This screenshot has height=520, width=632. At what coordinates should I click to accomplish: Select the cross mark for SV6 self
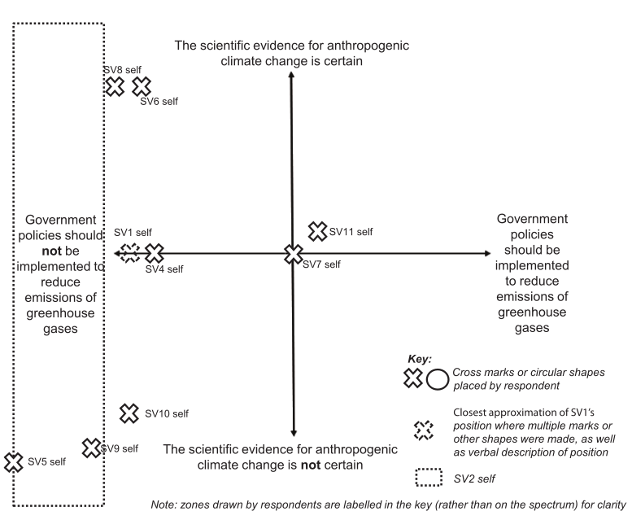[142, 85]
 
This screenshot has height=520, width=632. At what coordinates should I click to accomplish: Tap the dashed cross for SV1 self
[129, 253]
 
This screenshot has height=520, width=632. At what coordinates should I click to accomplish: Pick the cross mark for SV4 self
[154, 253]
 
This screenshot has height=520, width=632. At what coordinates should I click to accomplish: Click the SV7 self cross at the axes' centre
[293, 254]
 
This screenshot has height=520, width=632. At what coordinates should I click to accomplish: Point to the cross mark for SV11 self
[317, 231]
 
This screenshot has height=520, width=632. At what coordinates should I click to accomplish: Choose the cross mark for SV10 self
[129, 413]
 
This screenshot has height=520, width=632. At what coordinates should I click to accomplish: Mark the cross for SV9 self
[92, 447]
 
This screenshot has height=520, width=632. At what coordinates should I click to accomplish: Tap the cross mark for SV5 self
[13, 462]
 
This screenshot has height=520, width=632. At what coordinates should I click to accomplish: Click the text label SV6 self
[159, 102]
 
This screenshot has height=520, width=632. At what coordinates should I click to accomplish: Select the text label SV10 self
[167, 414]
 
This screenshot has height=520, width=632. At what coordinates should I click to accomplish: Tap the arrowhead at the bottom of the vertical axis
[293, 434]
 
